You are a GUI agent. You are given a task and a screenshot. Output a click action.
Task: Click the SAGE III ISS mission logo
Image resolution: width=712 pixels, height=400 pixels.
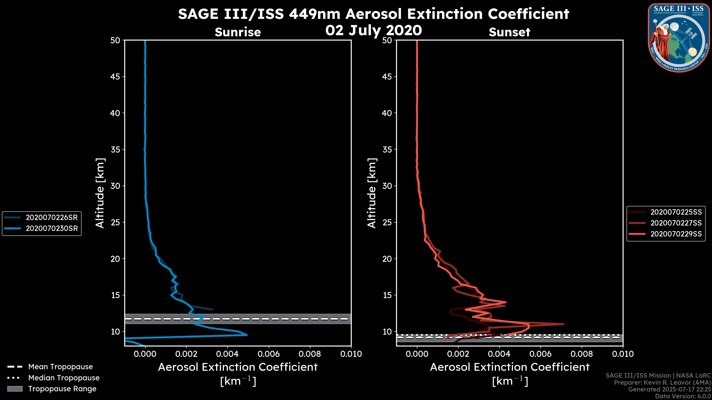(679, 38)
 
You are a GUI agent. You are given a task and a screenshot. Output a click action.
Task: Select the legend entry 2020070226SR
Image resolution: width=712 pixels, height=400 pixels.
(52, 218)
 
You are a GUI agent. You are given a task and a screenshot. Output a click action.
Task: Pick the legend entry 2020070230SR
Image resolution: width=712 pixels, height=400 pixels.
(52, 229)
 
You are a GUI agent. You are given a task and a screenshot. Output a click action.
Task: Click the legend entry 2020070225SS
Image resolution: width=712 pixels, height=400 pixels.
(676, 212)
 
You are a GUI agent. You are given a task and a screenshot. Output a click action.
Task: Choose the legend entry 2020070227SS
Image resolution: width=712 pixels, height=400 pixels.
(676, 223)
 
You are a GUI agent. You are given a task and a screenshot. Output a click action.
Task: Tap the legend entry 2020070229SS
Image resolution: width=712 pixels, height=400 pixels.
(676, 234)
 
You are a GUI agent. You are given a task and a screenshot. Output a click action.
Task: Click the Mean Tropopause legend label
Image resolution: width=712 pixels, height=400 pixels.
(60, 367)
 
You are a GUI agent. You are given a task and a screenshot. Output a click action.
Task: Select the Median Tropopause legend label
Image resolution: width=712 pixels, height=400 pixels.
(64, 378)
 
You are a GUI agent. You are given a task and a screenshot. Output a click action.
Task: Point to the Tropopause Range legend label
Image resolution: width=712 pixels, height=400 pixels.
(62, 389)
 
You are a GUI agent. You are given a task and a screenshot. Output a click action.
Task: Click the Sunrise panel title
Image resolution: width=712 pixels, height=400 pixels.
(238, 32)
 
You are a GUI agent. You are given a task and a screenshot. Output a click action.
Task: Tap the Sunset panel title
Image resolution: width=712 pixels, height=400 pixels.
(509, 32)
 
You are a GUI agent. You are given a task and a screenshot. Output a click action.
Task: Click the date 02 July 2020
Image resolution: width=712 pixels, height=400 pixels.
(373, 30)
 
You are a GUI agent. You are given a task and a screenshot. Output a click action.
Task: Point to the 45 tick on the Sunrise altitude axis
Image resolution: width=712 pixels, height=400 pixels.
(115, 77)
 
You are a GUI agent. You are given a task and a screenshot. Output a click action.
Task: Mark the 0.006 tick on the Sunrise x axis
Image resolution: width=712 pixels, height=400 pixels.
(269, 354)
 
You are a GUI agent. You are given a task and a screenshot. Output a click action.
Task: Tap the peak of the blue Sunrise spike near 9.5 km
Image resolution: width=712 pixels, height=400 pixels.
(247, 335)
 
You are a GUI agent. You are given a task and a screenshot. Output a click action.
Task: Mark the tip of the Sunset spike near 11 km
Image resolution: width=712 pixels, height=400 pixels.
(564, 324)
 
